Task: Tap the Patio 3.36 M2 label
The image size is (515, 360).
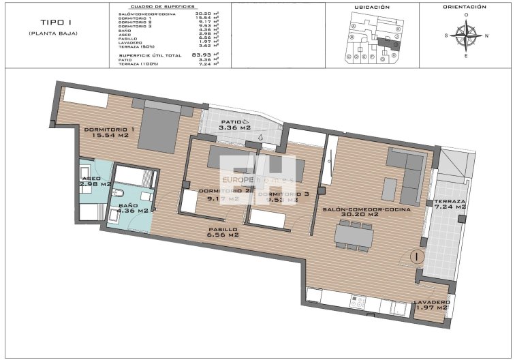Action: pos(235,124)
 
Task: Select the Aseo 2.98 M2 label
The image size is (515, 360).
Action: pos(95,181)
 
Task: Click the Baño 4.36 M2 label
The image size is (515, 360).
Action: pos(133,207)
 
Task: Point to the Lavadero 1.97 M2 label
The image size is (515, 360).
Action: pos(431,305)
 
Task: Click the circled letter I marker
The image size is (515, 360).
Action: pos(416,257)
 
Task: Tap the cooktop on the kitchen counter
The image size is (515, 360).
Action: pos(359,299)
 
